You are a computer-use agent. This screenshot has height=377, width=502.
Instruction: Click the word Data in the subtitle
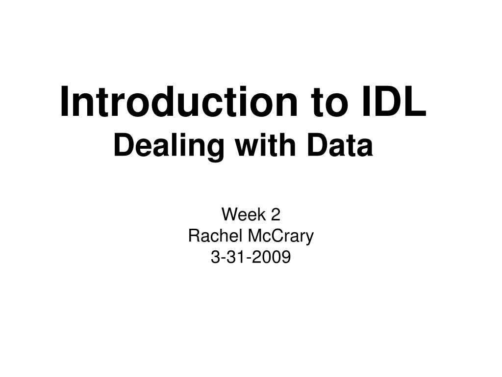[345, 146]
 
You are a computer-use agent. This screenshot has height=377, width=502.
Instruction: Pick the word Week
[239, 215]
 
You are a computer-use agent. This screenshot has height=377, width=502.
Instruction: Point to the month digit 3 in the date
[215, 257]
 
